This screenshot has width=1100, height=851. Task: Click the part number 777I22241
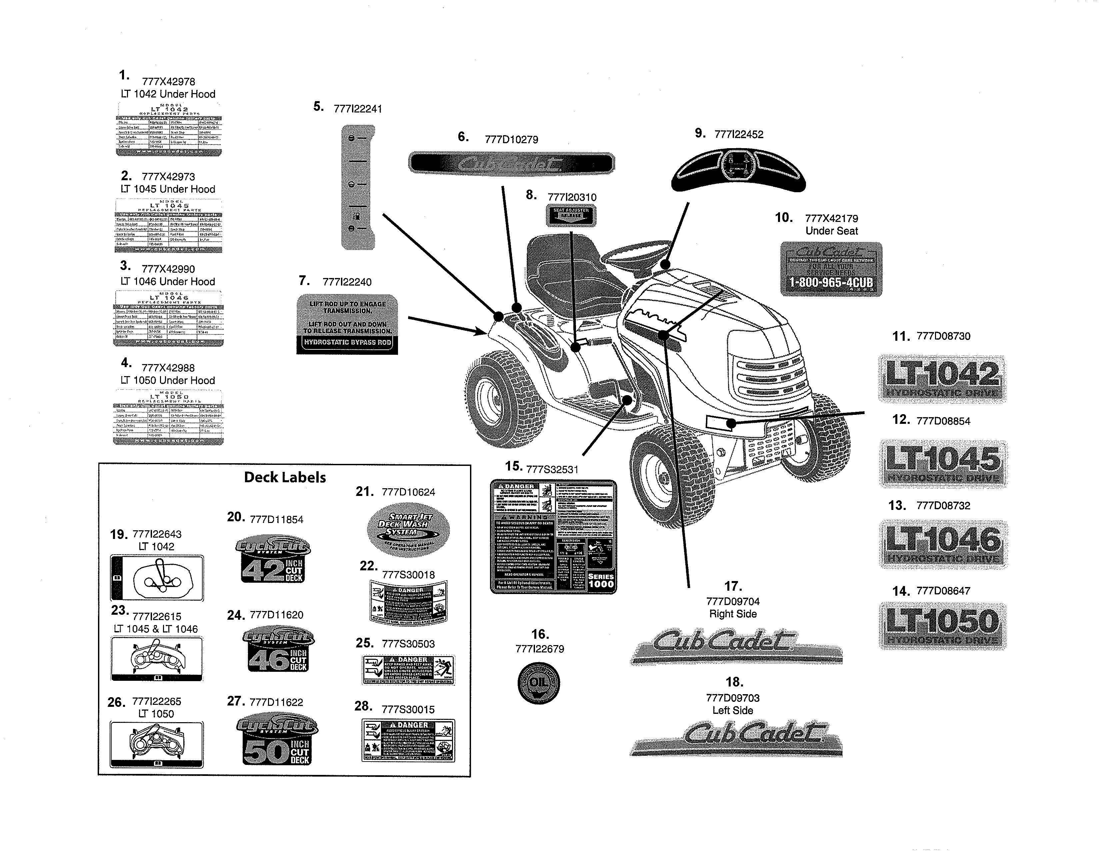[358, 109]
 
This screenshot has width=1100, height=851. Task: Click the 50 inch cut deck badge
[277, 739]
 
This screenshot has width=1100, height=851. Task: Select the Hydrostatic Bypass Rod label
[347, 324]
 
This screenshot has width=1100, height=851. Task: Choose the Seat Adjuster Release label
[571, 215]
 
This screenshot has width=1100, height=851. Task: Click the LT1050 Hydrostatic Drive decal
[942, 625]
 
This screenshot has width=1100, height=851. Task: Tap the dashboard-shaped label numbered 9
[738, 170]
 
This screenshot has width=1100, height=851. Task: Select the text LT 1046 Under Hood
[168, 281]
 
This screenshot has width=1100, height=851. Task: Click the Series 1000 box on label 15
[601, 580]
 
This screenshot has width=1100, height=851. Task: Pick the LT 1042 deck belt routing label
[157, 578]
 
